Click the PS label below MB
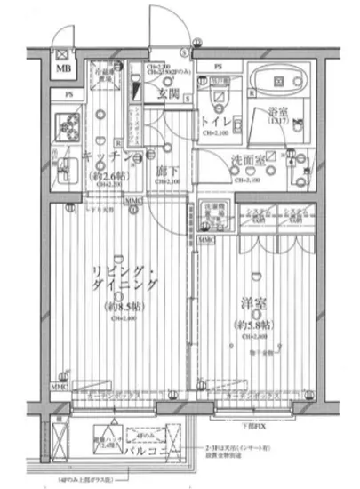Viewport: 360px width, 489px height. click(x=67, y=95)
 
